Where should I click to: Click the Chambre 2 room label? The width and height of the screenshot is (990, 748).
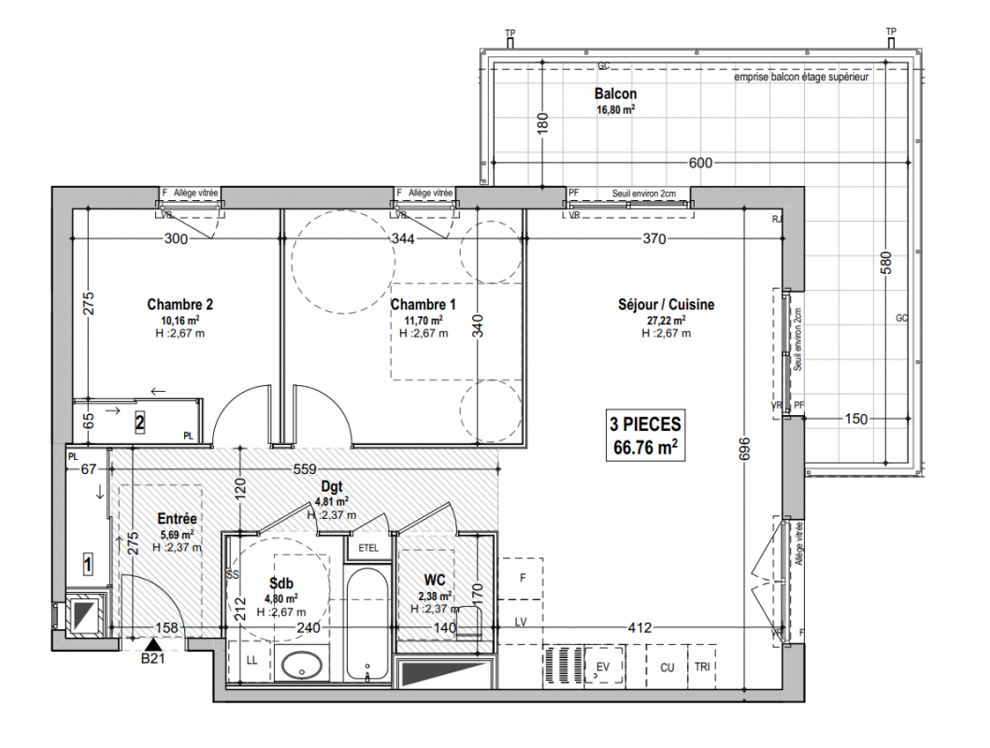click(x=179, y=304)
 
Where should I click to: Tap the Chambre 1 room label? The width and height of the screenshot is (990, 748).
click(x=423, y=304)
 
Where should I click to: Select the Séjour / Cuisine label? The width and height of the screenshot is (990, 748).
click(x=667, y=304)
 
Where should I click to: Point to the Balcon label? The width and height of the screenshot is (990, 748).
click(x=615, y=94)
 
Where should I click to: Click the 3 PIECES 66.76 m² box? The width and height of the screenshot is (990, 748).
click(x=645, y=436)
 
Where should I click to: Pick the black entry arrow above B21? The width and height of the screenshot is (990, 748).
click(x=152, y=645)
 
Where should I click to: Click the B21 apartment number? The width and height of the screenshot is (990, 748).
click(x=152, y=658)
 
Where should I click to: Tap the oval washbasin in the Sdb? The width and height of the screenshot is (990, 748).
click(x=302, y=666)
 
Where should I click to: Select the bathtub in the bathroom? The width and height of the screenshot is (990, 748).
click(x=366, y=625)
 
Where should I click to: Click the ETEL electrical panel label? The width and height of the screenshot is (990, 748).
click(x=368, y=548)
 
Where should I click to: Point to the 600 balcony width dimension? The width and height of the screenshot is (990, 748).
click(x=700, y=163)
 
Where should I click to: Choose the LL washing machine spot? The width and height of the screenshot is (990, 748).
click(x=251, y=661)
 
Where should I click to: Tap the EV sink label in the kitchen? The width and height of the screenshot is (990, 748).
click(x=603, y=667)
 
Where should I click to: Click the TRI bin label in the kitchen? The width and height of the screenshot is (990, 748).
click(x=701, y=667)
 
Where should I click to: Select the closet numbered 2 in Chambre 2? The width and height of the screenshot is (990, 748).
click(x=139, y=423)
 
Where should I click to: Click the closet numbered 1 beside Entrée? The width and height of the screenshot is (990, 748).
click(x=88, y=565)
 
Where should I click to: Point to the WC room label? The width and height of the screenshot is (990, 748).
click(x=435, y=580)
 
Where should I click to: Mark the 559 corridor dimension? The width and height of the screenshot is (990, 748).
click(x=305, y=469)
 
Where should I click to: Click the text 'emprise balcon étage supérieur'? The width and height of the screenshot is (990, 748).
click(x=801, y=77)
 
